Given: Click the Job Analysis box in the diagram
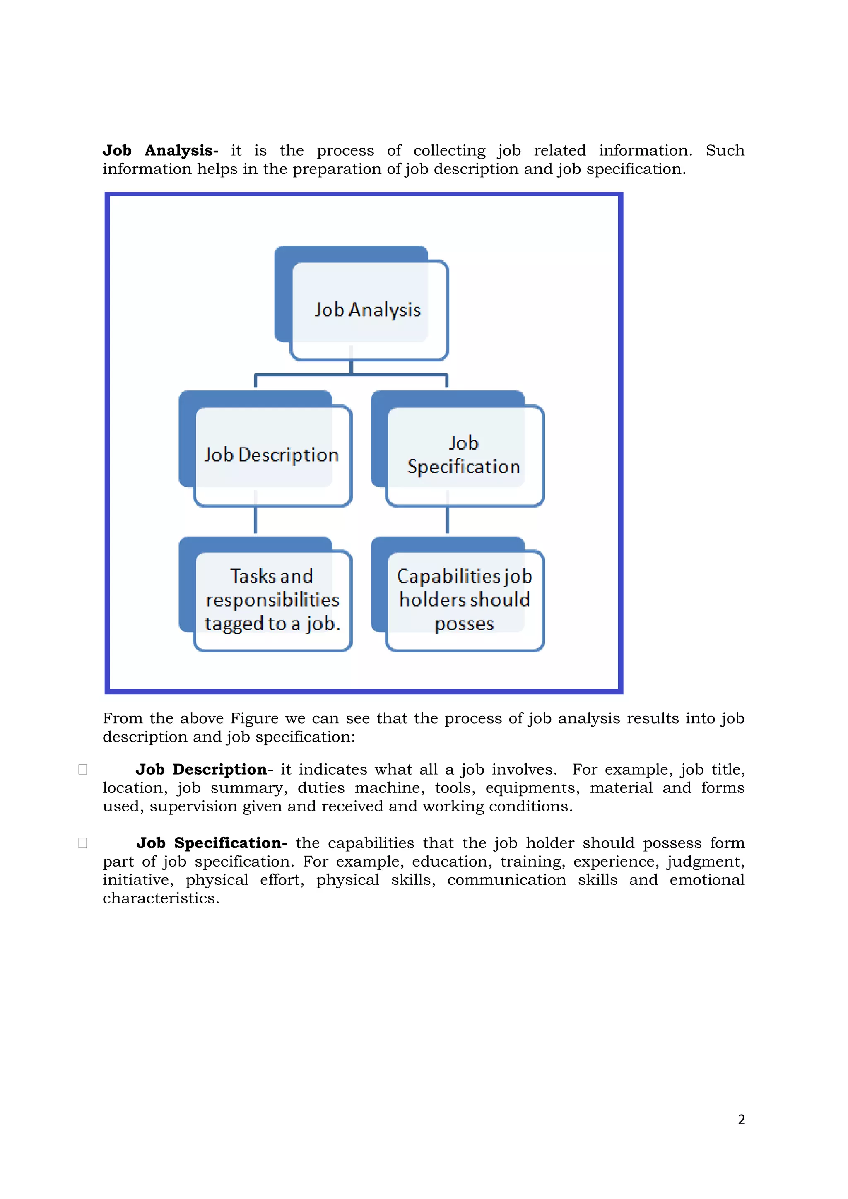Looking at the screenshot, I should [368, 310].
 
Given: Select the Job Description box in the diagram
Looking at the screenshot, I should [272, 455].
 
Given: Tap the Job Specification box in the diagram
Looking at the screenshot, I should [464, 455].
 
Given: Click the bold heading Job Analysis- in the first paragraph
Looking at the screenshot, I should [160, 150].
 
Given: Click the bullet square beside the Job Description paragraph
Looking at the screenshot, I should [82, 769].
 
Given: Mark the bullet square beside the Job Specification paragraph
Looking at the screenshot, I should [82, 843].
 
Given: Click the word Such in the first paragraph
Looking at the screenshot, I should [725, 150].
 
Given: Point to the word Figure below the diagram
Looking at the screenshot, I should [254, 719].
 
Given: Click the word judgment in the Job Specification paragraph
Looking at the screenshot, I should [704, 862].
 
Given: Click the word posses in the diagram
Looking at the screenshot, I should [464, 624].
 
